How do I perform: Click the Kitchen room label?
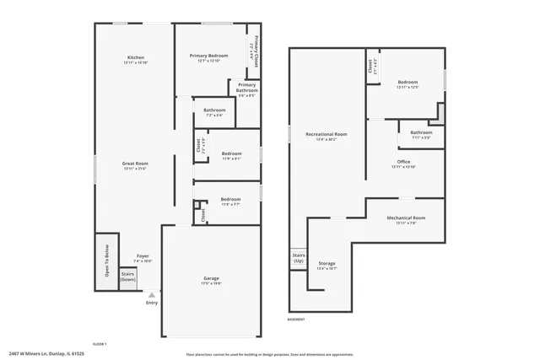(x=135, y=57)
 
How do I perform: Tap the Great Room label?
(x=135, y=164)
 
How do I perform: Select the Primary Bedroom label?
(x=208, y=56)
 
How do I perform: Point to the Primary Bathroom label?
(x=247, y=87)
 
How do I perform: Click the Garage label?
(x=211, y=278)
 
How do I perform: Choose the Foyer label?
(x=143, y=255)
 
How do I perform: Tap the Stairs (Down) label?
(x=127, y=276)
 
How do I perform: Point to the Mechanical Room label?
(x=406, y=218)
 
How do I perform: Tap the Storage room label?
(x=327, y=264)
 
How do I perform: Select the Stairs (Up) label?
(x=298, y=257)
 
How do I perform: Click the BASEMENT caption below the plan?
(x=296, y=320)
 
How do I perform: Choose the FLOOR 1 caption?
(x=99, y=343)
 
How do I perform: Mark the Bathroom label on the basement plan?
(x=421, y=132)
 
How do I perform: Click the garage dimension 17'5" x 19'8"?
(x=211, y=284)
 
